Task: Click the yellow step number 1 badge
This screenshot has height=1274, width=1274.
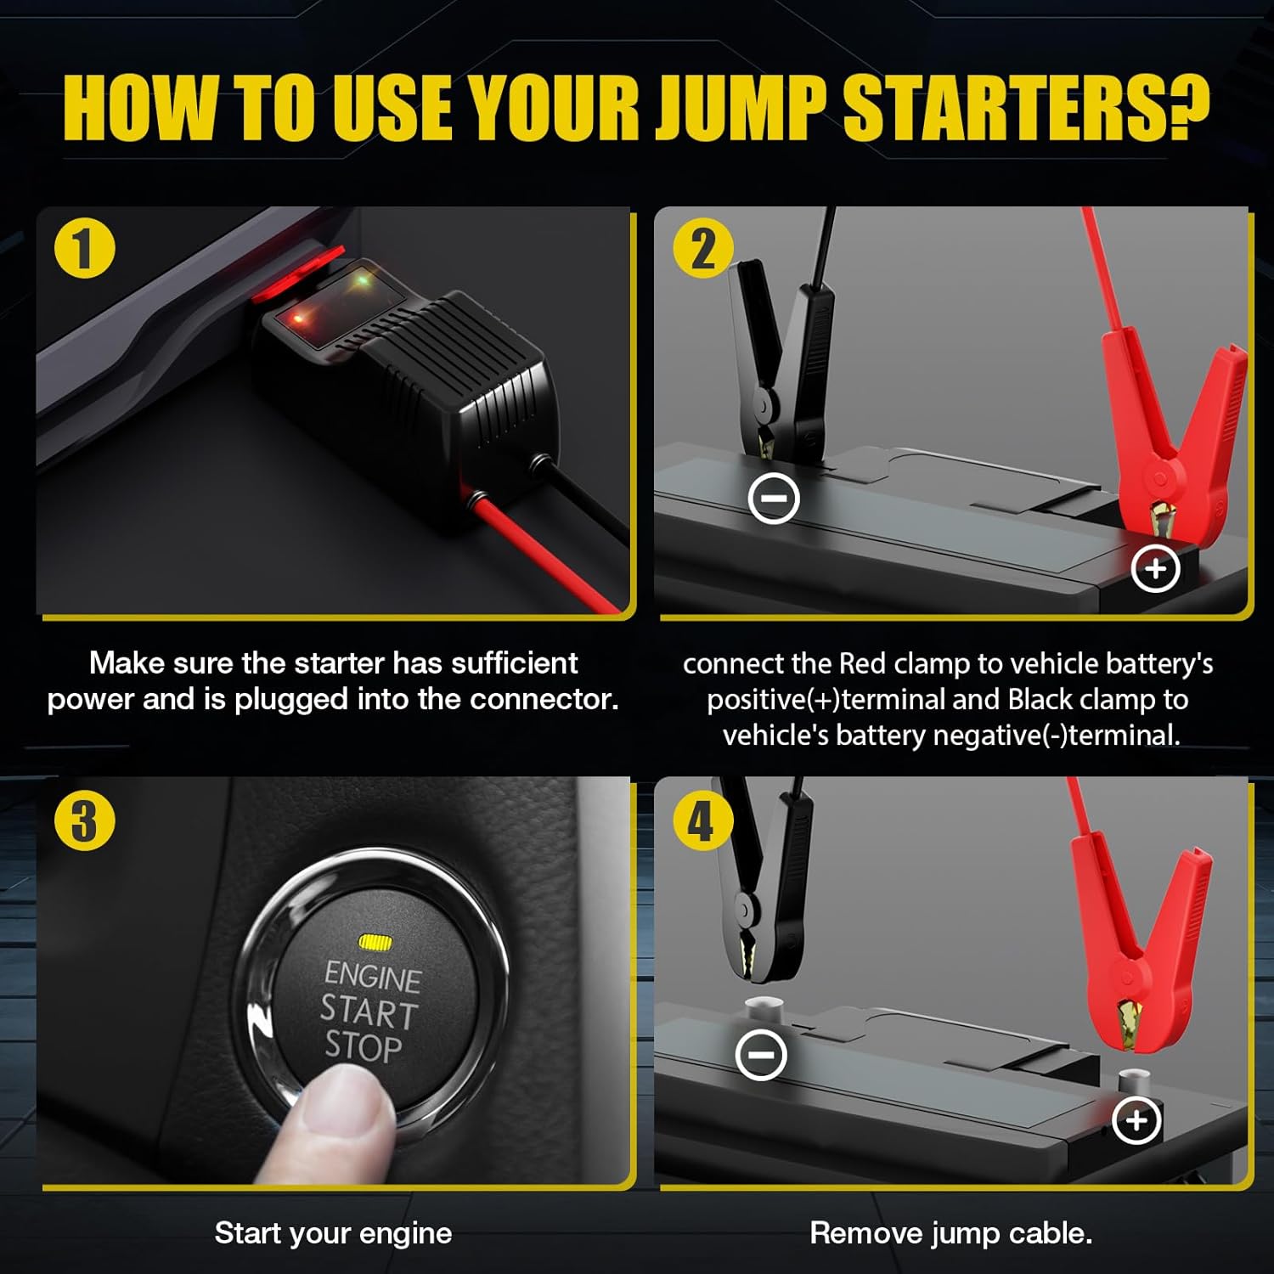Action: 85,250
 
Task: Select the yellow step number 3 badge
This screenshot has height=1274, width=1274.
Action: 85,820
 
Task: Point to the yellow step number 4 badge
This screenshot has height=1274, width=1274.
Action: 702,820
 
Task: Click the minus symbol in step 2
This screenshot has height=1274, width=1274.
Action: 774,497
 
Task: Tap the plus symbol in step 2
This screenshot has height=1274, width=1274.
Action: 1156,568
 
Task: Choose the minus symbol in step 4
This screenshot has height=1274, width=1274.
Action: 761,1055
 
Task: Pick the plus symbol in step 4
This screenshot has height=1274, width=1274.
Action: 1136,1120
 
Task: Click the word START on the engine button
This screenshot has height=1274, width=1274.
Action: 369,1012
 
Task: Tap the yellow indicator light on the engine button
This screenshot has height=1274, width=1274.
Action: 375,942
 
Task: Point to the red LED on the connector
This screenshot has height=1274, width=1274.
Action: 299,318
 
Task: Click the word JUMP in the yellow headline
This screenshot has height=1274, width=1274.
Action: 741,108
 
